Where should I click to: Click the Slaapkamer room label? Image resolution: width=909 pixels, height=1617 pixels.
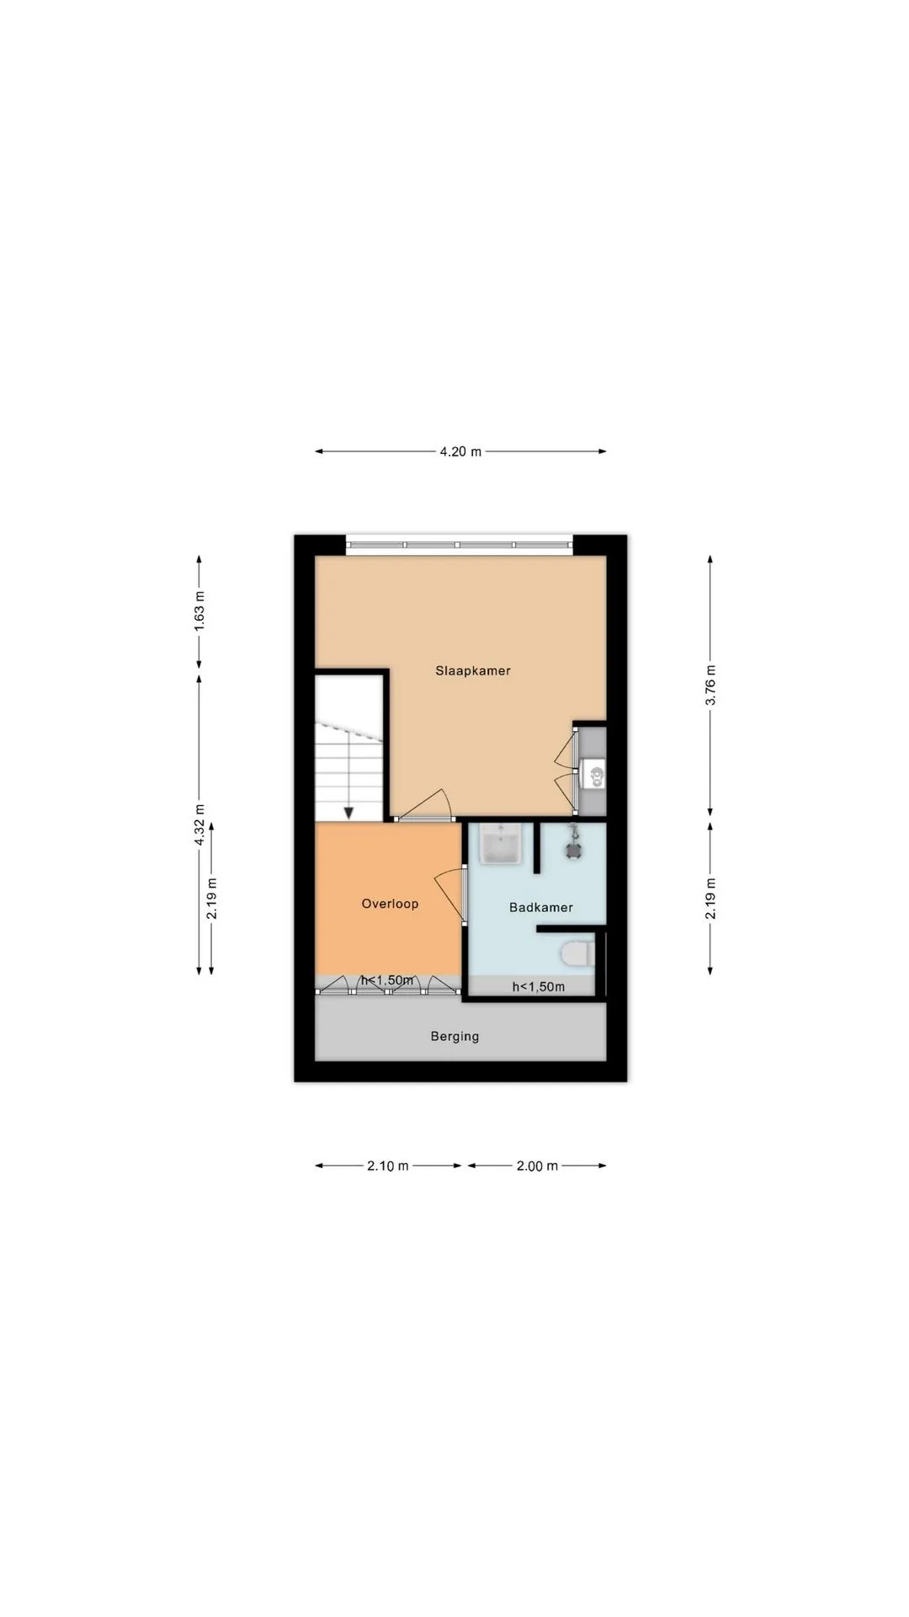click(473, 671)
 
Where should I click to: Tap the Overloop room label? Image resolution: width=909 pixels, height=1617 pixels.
click(390, 904)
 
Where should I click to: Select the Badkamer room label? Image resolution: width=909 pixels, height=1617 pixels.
click(541, 907)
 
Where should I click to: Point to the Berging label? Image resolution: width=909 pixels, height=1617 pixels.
click(454, 1037)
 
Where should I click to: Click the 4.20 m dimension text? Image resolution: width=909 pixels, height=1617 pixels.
click(460, 451)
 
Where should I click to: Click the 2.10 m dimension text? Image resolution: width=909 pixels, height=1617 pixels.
click(388, 1166)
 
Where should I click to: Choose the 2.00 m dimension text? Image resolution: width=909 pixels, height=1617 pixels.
click(537, 1166)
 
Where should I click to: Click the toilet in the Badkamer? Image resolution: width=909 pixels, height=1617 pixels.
click(577, 954)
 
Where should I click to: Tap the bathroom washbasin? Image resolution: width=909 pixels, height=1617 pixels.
click(502, 844)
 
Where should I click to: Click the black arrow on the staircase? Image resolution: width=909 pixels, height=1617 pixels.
click(348, 812)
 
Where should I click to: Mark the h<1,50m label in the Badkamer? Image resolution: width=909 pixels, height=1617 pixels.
click(539, 987)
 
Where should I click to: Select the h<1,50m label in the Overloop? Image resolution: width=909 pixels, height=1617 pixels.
click(387, 980)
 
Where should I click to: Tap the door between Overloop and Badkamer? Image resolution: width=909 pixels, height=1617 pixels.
click(451, 895)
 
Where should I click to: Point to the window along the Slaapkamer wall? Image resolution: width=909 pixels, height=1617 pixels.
click(460, 545)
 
